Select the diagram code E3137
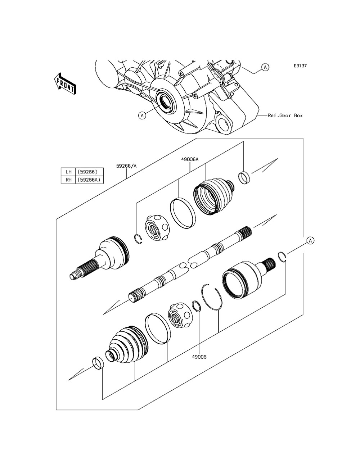pos(300,66)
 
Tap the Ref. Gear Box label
pos(285,116)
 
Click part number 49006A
pos(190,159)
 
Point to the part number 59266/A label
pos(126,166)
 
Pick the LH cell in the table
pos(67,172)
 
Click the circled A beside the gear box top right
pos(265,67)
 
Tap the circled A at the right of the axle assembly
pos(310,240)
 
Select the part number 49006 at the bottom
pos(199,357)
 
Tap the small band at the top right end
pos(244,177)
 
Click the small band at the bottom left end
pos(98,363)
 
